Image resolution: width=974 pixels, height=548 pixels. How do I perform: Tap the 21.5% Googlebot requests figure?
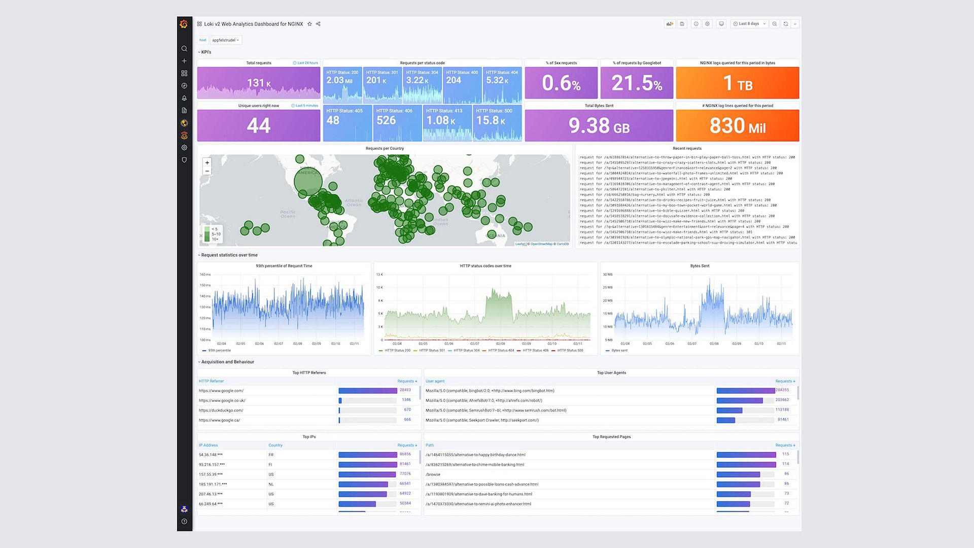pos(637,83)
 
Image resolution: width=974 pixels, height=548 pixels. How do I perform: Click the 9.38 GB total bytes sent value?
pos(599,126)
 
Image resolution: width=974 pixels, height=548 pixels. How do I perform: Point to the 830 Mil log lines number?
pos(737,126)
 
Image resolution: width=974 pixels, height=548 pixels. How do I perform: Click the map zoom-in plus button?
pos(207,163)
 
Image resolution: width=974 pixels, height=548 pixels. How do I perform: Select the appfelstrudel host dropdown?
pos(225,40)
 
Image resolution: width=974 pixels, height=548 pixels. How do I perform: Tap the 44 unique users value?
pos(259,126)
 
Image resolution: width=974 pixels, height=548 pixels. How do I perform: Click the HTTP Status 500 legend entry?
pos(570,351)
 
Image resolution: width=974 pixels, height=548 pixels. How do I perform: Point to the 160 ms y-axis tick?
pos(205,275)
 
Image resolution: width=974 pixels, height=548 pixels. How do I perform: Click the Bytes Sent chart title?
pos(700,266)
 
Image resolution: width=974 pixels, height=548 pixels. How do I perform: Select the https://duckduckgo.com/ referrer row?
pos(221,410)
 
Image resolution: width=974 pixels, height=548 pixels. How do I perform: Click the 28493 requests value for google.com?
pos(405,390)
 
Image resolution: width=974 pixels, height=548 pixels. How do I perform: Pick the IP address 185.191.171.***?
pos(213,485)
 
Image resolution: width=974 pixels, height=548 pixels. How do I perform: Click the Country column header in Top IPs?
pos(275,446)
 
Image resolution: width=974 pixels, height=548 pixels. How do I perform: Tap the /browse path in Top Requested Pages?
pos(433,474)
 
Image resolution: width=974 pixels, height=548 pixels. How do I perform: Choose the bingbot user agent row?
pos(490,391)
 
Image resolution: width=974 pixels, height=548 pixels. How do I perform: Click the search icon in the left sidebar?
pos(184,49)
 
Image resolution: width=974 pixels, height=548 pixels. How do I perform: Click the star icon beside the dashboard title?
pos(309,24)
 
